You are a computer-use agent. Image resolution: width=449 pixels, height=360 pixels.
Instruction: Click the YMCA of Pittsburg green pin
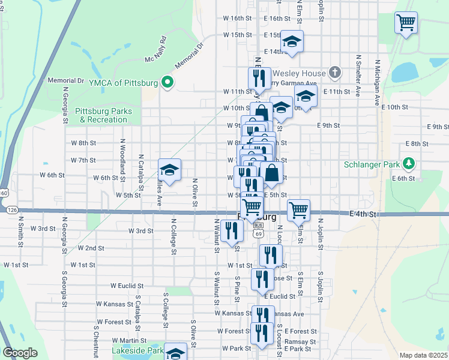pyautogui.click(x=169, y=82)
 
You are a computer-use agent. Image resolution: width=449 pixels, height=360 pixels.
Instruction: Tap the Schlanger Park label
pyautogui.click(x=372, y=164)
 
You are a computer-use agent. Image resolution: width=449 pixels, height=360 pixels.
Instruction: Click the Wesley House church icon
pyautogui.click(x=335, y=73)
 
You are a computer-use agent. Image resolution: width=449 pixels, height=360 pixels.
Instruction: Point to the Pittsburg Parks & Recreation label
pyautogui.click(x=102, y=115)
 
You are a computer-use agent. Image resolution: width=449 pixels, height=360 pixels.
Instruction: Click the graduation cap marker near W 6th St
pyautogui.click(x=170, y=170)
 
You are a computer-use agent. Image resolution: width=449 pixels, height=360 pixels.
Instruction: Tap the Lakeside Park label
pyautogui.click(x=137, y=350)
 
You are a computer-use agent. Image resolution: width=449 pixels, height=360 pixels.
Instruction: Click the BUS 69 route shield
pyautogui.click(x=258, y=229)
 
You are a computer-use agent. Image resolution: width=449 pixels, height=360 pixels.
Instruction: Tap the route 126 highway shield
pyautogui.click(x=12, y=210)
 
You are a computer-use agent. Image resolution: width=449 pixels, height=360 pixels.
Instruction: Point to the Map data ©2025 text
pyautogui.click(x=423, y=355)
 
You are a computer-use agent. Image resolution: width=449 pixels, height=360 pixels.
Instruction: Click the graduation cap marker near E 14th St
pyautogui.click(x=292, y=41)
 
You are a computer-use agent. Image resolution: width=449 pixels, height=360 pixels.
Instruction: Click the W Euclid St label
pyautogui.click(x=127, y=287)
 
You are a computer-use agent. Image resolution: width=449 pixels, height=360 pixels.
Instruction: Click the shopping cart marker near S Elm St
pyautogui.click(x=298, y=210)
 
